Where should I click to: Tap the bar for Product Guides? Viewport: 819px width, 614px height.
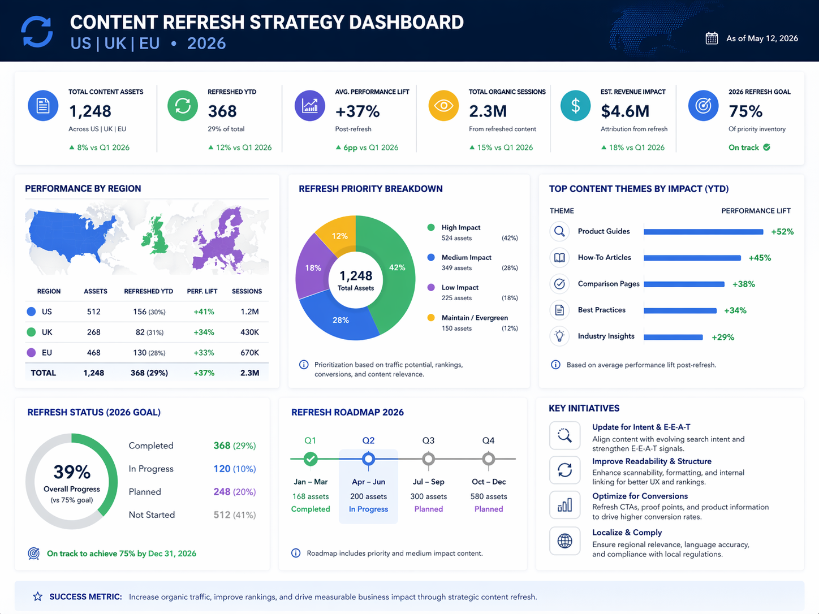point(703,232)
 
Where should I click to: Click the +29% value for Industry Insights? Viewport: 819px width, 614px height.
point(723,337)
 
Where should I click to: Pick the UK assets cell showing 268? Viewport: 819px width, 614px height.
point(94,332)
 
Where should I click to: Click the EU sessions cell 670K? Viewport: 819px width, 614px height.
point(249,353)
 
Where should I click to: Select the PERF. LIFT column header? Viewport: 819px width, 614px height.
point(202,292)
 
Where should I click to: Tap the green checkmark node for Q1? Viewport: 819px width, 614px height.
point(311,459)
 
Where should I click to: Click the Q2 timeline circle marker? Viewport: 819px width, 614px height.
point(368,459)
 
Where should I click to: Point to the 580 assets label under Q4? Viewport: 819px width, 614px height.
point(489,496)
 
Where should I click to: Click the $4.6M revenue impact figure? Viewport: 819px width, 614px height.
point(625,111)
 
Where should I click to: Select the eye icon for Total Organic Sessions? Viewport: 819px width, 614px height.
point(443,106)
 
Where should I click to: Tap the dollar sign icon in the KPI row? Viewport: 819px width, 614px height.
point(575,106)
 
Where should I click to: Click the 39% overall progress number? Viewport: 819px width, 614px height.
point(72,472)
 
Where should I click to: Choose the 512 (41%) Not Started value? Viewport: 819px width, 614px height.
point(234,515)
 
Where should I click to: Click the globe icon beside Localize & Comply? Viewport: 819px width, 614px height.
point(564,541)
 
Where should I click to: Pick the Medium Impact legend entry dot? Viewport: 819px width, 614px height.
point(431,257)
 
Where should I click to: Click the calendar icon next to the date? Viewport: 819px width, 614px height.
point(712,38)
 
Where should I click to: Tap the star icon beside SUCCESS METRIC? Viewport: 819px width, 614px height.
point(37,596)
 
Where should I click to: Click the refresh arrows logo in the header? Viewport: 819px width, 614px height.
point(37,32)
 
